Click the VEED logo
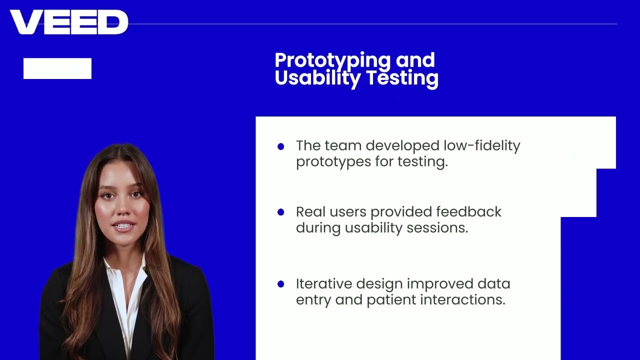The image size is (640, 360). [69, 22]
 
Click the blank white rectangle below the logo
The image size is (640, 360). [57, 68]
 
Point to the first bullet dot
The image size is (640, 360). [280, 146]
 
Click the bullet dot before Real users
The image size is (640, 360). [280, 212]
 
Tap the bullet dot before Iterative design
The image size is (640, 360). [280, 284]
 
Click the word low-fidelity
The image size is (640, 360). [481, 145]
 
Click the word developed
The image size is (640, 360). [402, 146]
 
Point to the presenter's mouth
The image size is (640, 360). [123, 225]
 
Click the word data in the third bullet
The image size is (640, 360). [493, 284]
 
